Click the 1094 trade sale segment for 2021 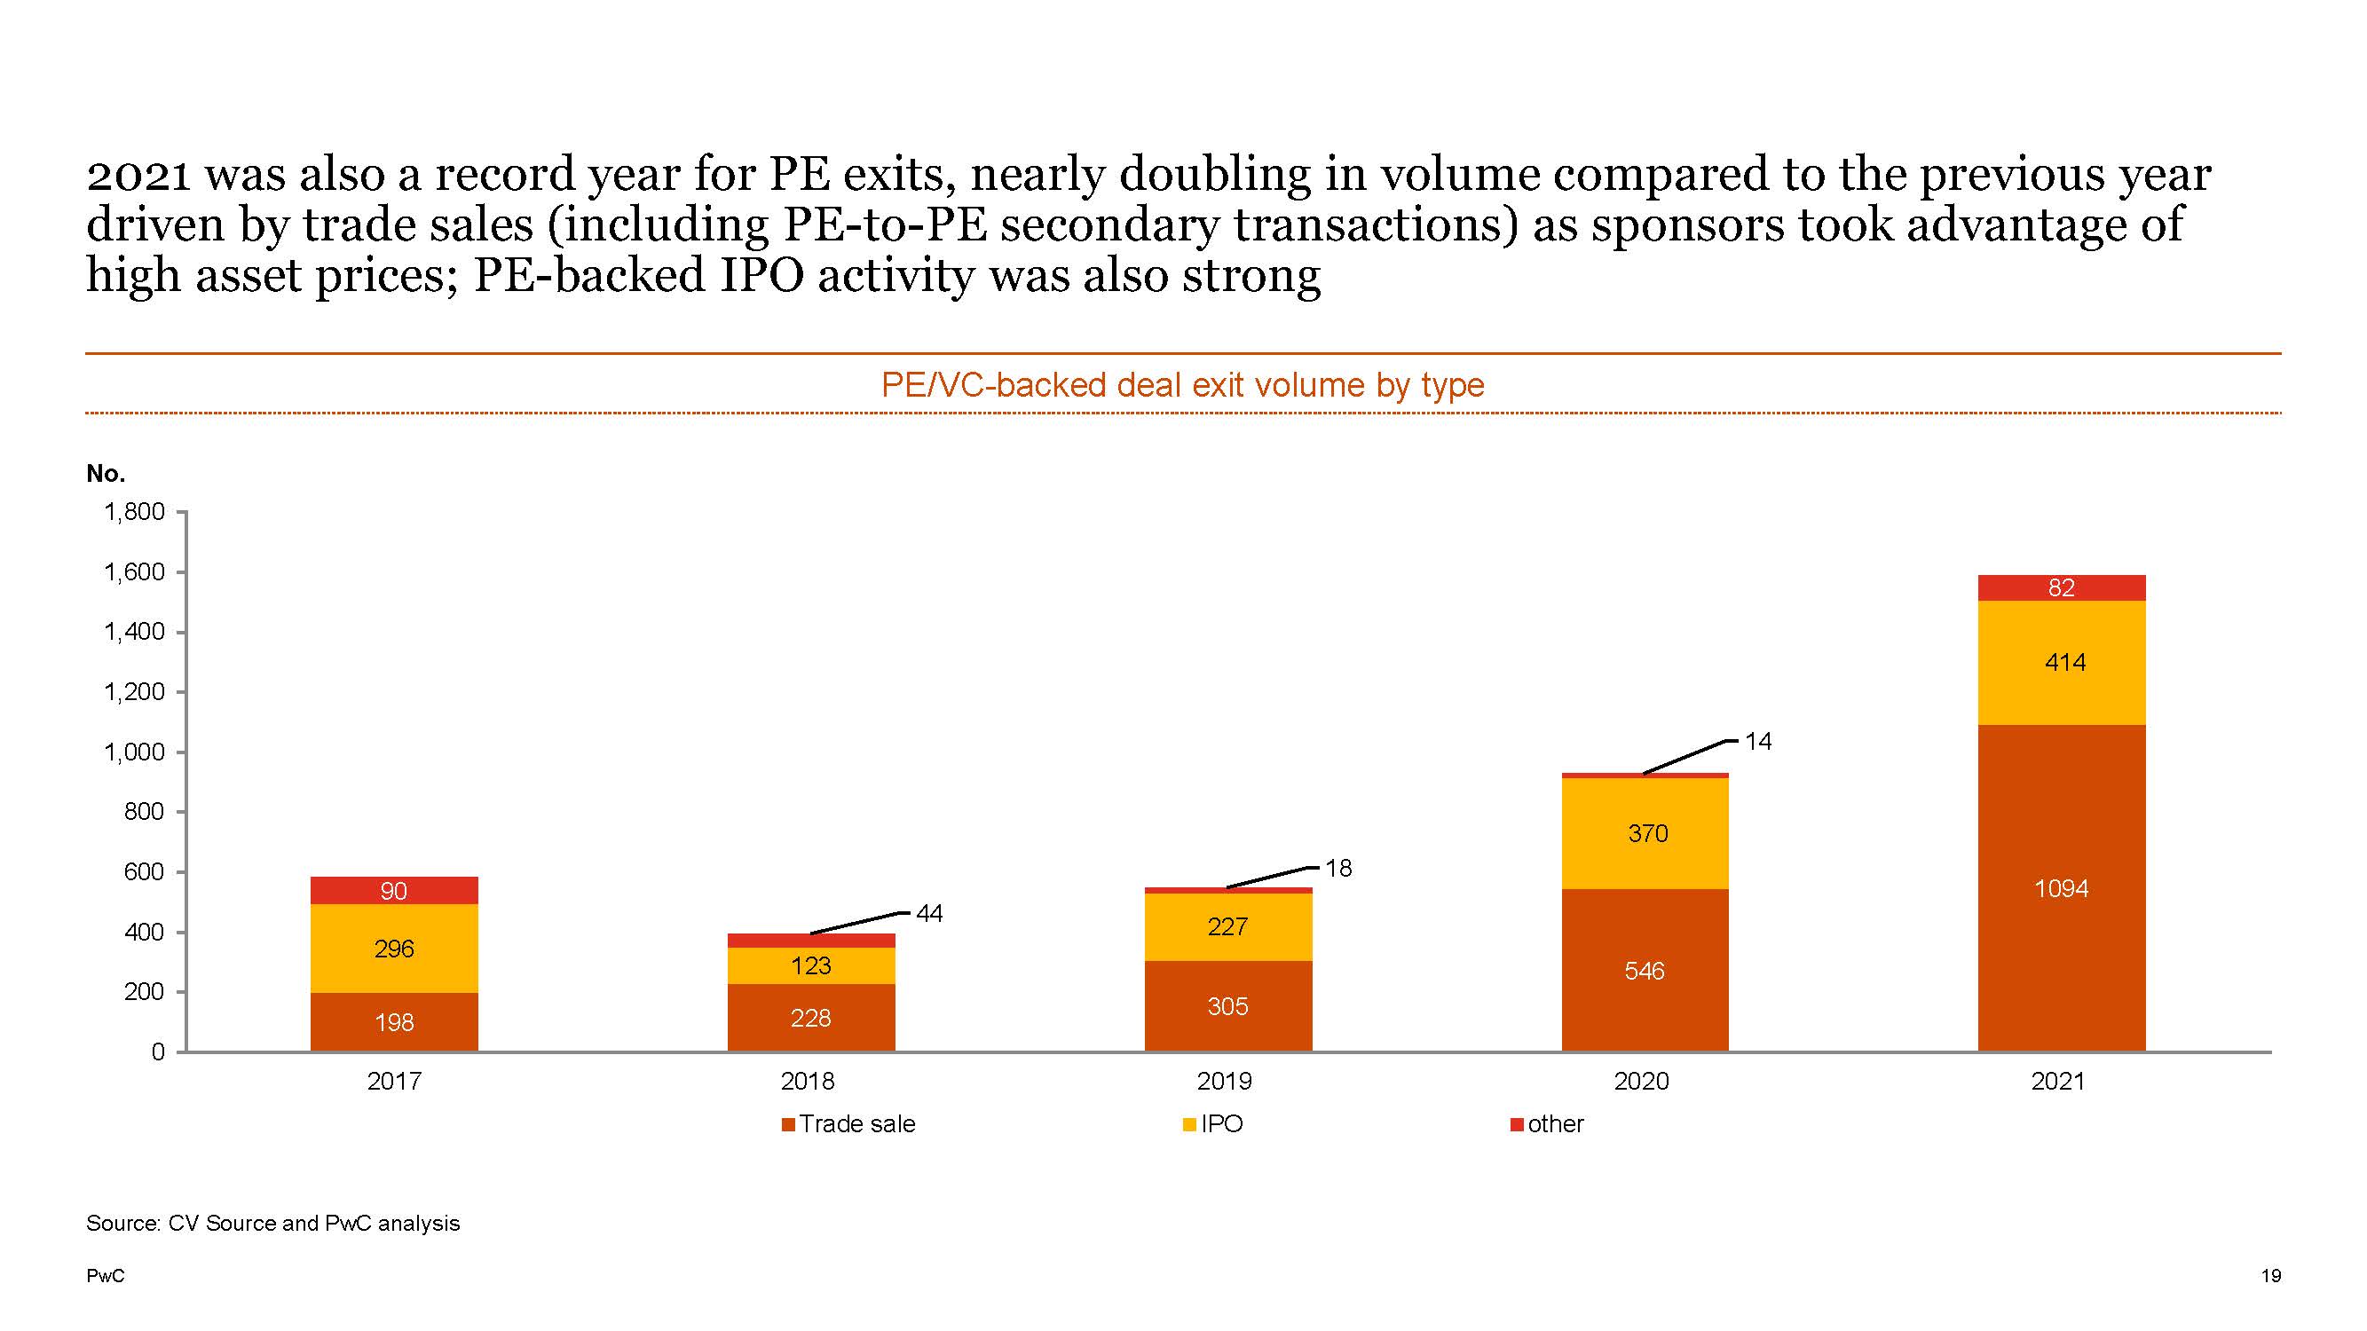coord(2061,888)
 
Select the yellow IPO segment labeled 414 coord(2061,662)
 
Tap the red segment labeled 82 coord(2061,588)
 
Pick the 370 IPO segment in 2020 coord(1645,833)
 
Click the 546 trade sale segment coord(1644,971)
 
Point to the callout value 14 coord(1758,741)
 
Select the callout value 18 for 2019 coord(1337,868)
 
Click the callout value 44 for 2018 coord(929,913)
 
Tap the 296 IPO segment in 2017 coord(394,949)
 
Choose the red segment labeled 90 coord(394,891)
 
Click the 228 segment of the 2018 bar coord(810,1018)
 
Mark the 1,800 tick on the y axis coord(134,512)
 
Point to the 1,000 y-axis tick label coord(134,752)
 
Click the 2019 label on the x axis coord(1224,1081)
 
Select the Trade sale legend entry coord(849,1124)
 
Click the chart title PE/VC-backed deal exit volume coord(1182,385)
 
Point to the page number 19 coord(2270,1276)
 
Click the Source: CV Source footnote coord(272,1224)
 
